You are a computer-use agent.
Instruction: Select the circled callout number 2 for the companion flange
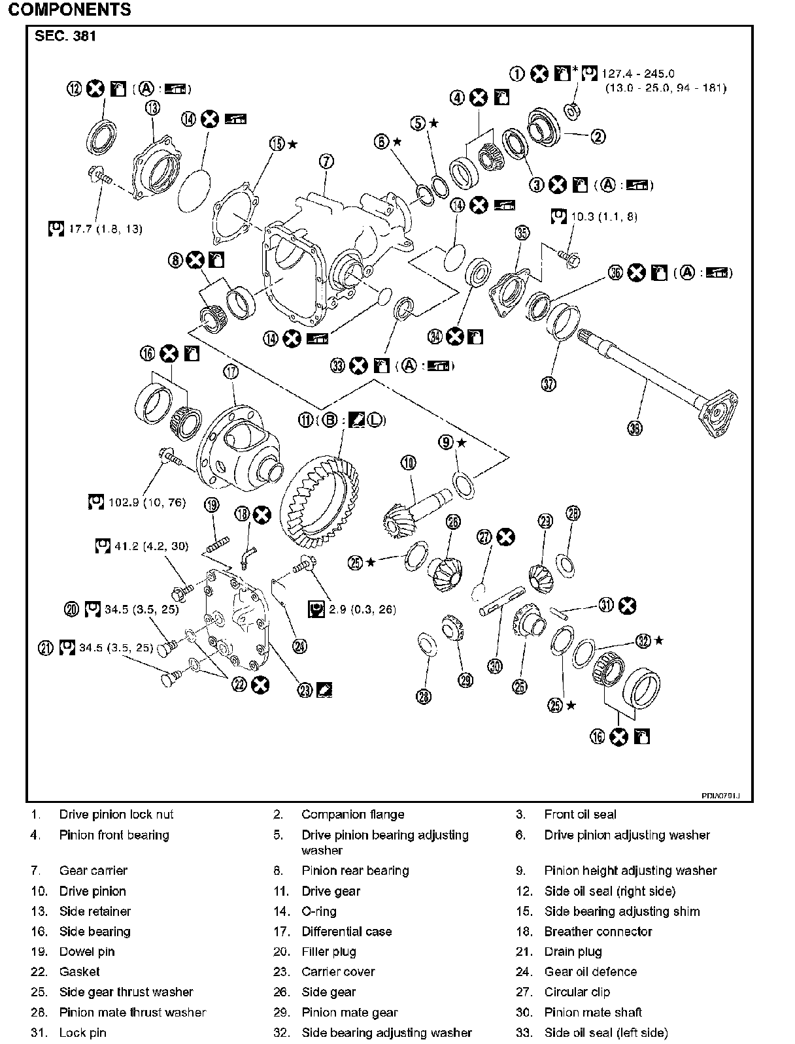click(598, 137)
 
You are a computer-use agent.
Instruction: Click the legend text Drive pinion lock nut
click(116, 814)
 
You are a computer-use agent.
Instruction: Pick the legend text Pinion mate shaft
click(593, 1012)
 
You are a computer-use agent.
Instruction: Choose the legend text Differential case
click(347, 931)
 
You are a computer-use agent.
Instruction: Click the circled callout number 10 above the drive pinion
click(408, 463)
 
